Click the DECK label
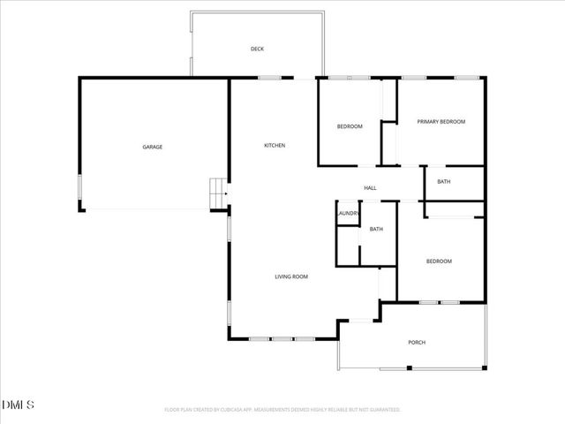coord(257,49)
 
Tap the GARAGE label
coord(153,147)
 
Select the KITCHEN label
coord(275,145)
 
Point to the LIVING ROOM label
coord(290,277)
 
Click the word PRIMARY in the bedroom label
coord(429,122)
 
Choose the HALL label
coord(371,188)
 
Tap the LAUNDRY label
coord(347,213)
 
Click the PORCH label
coord(417,343)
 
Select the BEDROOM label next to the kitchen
coord(350,126)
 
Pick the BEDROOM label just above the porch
coord(439,261)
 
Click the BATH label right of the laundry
coord(376,230)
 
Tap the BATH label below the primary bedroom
coord(443,182)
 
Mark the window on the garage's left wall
coord(80,189)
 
